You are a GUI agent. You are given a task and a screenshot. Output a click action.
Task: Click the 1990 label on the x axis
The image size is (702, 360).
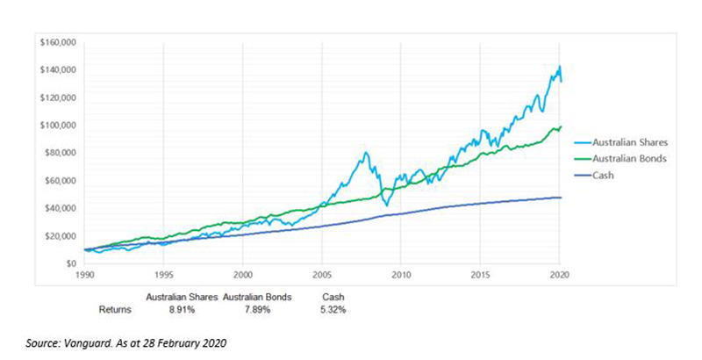(84, 274)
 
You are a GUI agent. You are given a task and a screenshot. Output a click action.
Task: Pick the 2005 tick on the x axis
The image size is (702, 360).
(321, 274)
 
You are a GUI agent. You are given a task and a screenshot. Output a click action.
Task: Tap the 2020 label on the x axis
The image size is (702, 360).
(559, 274)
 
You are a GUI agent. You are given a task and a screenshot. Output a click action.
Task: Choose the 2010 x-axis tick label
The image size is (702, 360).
(400, 274)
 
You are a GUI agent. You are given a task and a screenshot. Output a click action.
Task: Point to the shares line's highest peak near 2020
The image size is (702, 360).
(559, 67)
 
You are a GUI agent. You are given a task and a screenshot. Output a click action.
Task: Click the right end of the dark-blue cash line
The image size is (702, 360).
(561, 198)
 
